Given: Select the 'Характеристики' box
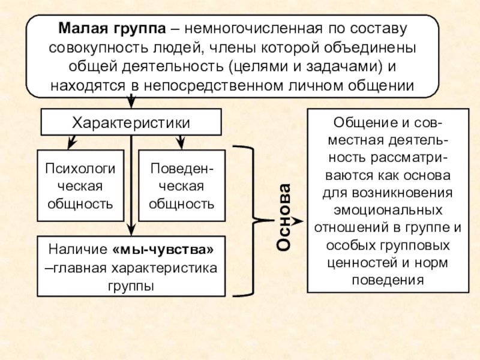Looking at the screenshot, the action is (131, 122).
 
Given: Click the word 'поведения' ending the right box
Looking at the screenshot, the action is (388, 280).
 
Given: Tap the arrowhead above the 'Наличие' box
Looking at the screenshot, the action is (131, 230).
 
